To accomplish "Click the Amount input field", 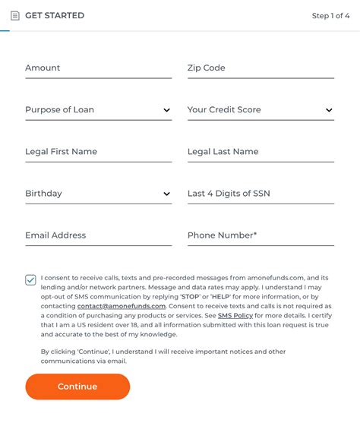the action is (98, 68).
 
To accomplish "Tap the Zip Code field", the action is (261, 68).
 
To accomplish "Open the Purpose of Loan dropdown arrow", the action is (166, 110).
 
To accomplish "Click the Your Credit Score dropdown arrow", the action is (329, 110).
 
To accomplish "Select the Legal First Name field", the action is (98, 152).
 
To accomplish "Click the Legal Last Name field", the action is (261, 152).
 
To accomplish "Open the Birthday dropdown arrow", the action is (166, 194).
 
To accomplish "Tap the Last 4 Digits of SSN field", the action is (261, 194).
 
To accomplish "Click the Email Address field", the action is (98, 235).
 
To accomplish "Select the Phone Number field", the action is (261, 235).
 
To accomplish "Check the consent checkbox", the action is (30, 279).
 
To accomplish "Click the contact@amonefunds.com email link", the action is (122, 306).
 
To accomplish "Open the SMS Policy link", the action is (235, 315).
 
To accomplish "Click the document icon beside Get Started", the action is (14, 15).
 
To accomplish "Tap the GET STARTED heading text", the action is (55, 15).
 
